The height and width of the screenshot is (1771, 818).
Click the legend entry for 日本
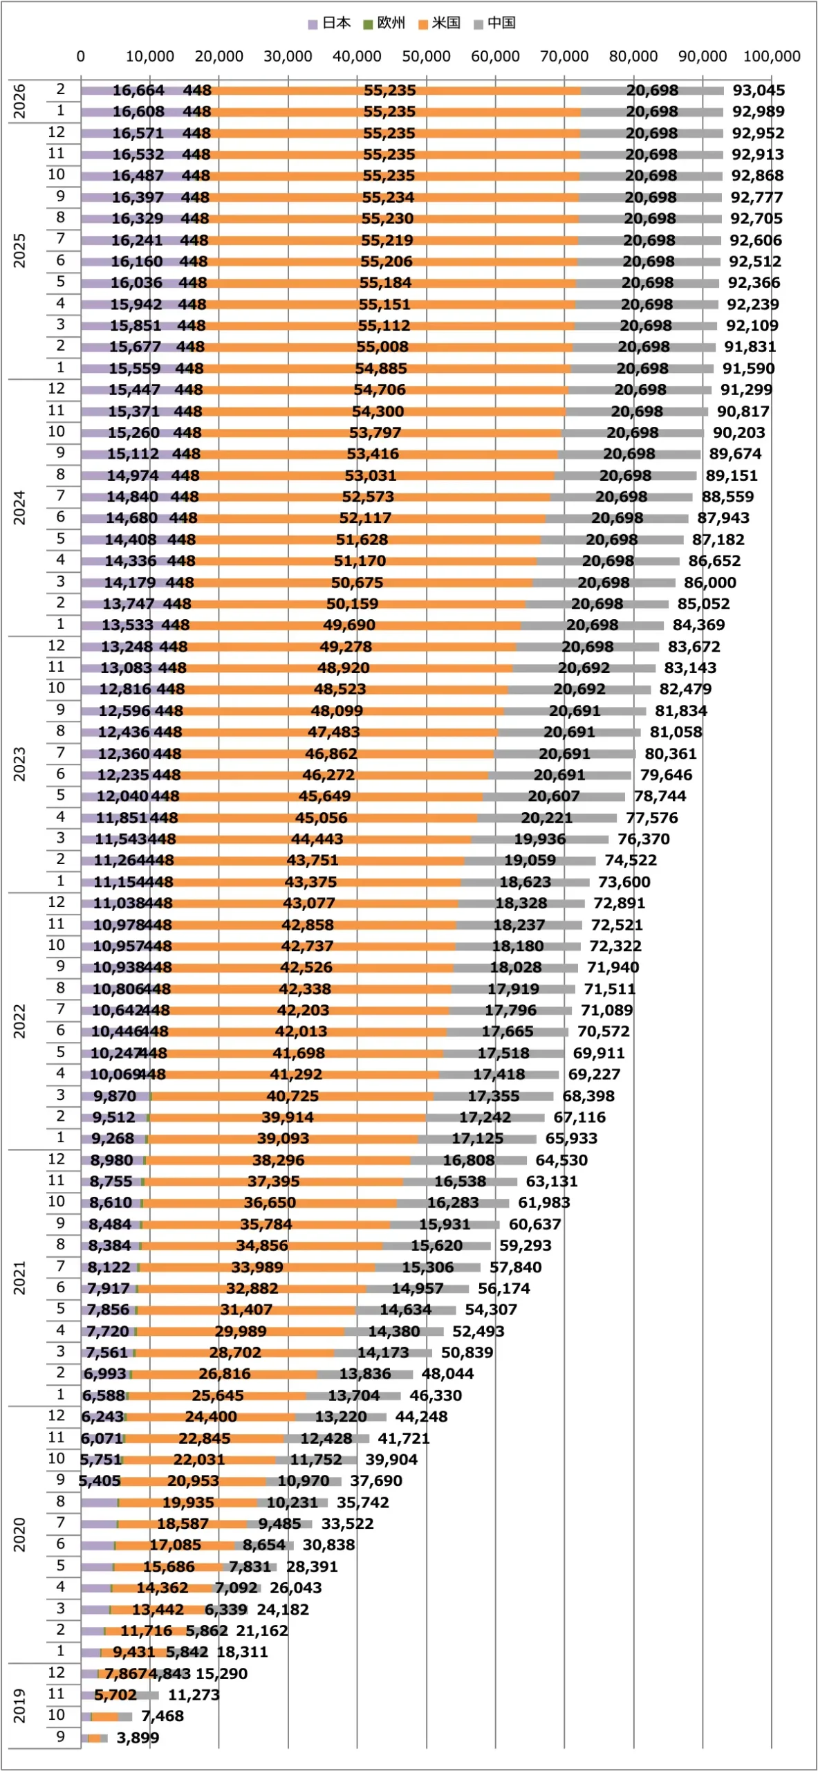[x=330, y=23]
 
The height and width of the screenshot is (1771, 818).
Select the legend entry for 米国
[x=440, y=23]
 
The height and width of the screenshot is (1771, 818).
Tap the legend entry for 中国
[x=495, y=23]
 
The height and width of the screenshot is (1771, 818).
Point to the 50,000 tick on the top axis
[x=426, y=56]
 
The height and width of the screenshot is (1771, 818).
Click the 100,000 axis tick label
[x=772, y=56]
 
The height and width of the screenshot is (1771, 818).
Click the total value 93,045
[x=759, y=91]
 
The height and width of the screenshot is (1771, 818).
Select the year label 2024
[x=19, y=507]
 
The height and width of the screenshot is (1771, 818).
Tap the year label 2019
[x=19, y=1705]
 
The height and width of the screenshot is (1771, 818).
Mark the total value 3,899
[x=138, y=1738]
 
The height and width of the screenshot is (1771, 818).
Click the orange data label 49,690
[x=349, y=625]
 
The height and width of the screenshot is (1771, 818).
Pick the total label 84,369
[x=698, y=625]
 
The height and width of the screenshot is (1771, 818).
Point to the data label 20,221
[x=546, y=818]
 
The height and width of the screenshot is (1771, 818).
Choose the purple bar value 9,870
[x=115, y=1096]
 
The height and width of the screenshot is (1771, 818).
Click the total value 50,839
[x=467, y=1352]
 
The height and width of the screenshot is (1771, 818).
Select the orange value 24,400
[x=211, y=1416]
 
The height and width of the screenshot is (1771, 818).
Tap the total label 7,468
[x=162, y=1716]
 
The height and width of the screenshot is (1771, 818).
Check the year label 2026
[x=19, y=100]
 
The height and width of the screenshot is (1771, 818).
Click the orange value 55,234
[x=388, y=197]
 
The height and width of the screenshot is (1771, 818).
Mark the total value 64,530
[x=561, y=1160]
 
